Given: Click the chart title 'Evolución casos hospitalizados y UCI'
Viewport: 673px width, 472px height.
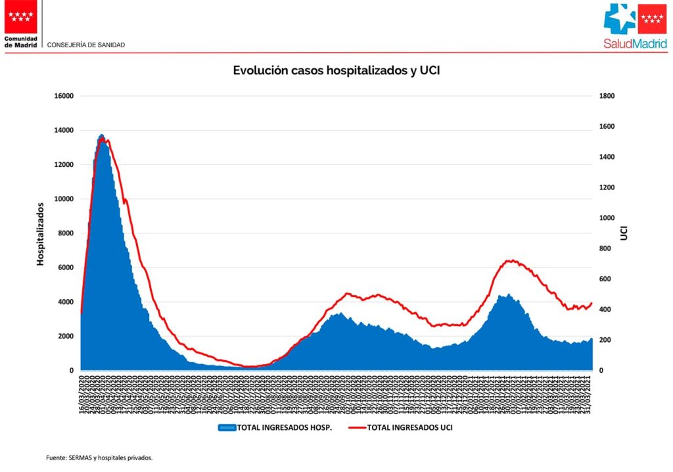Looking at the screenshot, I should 336,70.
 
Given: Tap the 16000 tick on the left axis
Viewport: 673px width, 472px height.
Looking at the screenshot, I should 63,96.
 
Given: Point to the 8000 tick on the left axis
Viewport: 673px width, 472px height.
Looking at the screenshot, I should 65,233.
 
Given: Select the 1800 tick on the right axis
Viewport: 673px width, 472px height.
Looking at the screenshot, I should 607,96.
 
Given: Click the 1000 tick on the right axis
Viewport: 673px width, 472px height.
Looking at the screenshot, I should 607,218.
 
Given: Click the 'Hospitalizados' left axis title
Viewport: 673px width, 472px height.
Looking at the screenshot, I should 40,234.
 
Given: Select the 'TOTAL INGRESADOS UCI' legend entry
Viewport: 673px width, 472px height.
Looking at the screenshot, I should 409,428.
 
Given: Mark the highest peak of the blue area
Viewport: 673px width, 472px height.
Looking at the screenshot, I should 101,135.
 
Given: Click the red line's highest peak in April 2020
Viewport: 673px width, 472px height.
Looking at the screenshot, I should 106,139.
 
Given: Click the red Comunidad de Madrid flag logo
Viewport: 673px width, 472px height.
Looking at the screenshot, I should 21,16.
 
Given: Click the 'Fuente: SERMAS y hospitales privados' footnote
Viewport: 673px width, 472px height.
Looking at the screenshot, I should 99,458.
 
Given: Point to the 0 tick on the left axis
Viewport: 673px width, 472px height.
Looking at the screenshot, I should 71,371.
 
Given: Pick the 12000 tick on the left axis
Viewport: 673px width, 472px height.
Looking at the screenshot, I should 63,165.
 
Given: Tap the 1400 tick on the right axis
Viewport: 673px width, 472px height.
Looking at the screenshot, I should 607,157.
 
